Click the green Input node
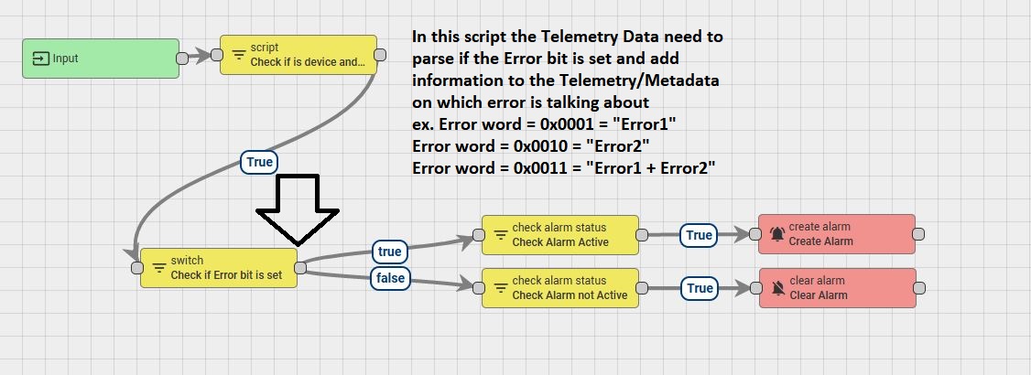pyautogui.click(x=101, y=59)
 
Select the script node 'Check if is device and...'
pyautogui.click(x=298, y=55)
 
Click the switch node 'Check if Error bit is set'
pyautogui.click(x=219, y=268)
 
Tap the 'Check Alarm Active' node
pyautogui.click(x=559, y=235)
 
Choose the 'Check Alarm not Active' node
pyautogui.click(x=559, y=288)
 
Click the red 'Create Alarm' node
pyautogui.click(x=837, y=234)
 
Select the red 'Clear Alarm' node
pyautogui.click(x=837, y=288)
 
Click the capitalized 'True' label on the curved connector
pyautogui.click(x=259, y=162)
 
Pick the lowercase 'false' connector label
pyautogui.click(x=390, y=277)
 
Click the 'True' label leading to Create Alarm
pyautogui.click(x=699, y=235)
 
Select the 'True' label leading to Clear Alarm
pyautogui.click(x=699, y=288)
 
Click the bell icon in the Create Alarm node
pyautogui.click(x=777, y=235)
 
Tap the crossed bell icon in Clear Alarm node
pyautogui.click(x=777, y=289)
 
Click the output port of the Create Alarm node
pyautogui.click(x=919, y=234)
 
